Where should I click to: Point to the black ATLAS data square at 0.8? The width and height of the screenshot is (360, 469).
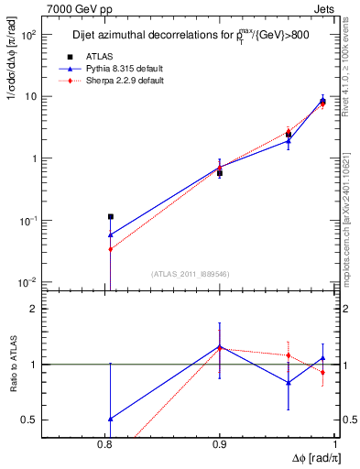pyautogui.click(x=111, y=217)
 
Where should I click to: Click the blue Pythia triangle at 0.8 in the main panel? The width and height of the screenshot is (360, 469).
pyautogui.click(x=111, y=234)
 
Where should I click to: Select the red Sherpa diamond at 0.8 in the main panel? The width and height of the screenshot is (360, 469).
pyautogui.click(x=111, y=249)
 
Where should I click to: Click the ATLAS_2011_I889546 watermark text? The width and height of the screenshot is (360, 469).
pyautogui.click(x=191, y=274)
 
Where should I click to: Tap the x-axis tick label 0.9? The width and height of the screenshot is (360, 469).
pyautogui.click(x=220, y=446)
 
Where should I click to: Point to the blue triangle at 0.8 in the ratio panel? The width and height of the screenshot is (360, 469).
pyautogui.click(x=111, y=419)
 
